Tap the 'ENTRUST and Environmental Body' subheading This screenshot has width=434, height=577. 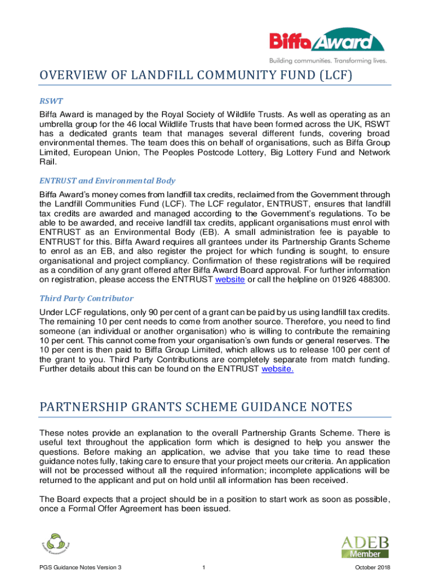pyautogui.click(x=107, y=181)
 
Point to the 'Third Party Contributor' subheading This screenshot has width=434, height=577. pyautogui.click(x=86, y=298)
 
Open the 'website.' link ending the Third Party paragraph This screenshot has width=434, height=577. pyautogui.click(x=278, y=369)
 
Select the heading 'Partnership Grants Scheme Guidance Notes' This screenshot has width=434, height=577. pyautogui.click(x=196, y=406)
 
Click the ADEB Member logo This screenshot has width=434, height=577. pyautogui.click(x=365, y=547)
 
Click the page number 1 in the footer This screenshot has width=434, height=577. pyautogui.click(x=202, y=567)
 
